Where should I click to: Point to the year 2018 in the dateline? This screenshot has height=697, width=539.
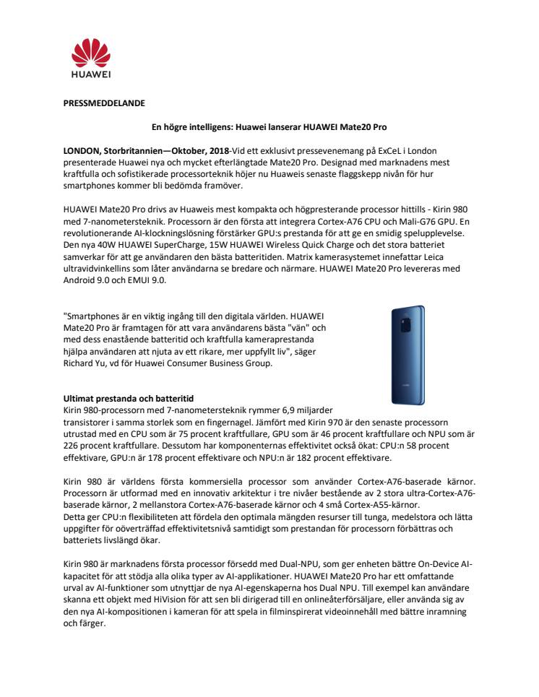[x=216, y=151]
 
